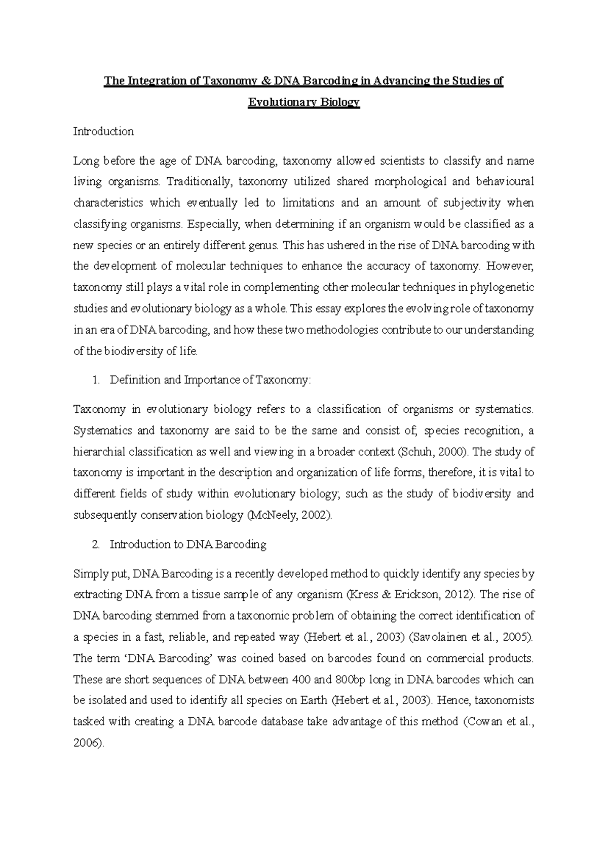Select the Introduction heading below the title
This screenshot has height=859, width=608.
pyautogui.click(x=103, y=132)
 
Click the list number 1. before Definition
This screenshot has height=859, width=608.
pyautogui.click(x=96, y=380)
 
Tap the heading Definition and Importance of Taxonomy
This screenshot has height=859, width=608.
pyautogui.click(x=210, y=380)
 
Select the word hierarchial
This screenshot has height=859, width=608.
pyautogui.click(x=99, y=452)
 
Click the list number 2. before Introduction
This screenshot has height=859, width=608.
pyautogui.click(x=96, y=545)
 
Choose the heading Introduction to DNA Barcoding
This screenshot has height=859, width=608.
pyautogui.click(x=188, y=545)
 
